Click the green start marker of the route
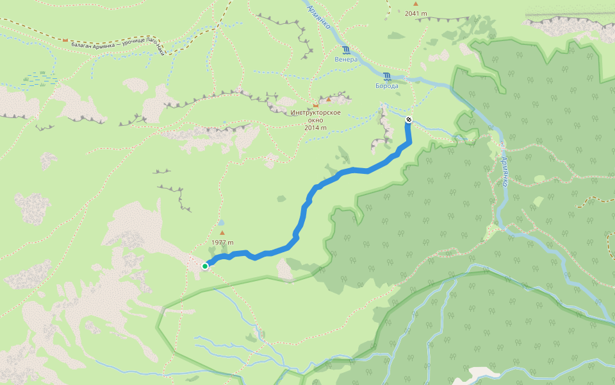pos(205,266)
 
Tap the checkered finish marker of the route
pos(408,119)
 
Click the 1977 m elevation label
pos(222,243)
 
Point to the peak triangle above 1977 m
pos(222,233)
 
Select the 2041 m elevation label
pos(415,13)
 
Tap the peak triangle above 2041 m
pos(415,4)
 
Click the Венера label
pos(345,59)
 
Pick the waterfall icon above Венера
pos(346,50)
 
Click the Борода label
pos(387,86)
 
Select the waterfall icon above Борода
pos(387,76)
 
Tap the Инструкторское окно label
pos(315,114)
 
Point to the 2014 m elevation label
pos(315,127)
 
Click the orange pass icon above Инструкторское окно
pos(315,105)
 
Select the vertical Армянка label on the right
pos(504,172)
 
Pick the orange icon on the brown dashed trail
pos(65,40)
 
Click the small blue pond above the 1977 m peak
pos(221,222)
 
